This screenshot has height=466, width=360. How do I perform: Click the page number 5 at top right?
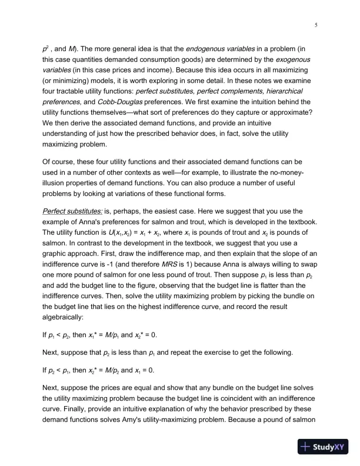(316, 25)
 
